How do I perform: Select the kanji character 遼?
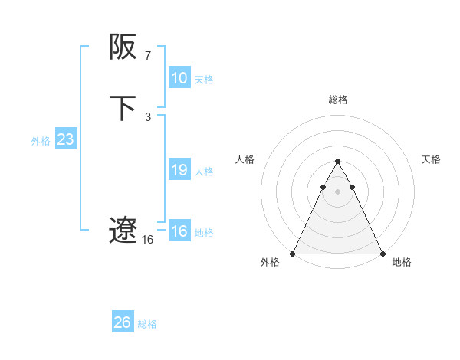[x=123, y=230]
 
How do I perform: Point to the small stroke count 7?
[x=147, y=56]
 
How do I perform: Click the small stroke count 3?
[x=147, y=117]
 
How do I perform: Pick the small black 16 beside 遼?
[x=147, y=240]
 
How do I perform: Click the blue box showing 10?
[x=179, y=78]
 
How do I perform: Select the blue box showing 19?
[x=179, y=170]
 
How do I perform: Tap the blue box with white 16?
[x=179, y=231]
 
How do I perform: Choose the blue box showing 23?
[x=65, y=139]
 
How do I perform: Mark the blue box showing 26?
[x=123, y=322]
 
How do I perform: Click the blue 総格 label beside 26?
[x=147, y=324]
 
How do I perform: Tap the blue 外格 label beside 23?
[x=41, y=141]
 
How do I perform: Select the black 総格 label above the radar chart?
[x=337, y=100]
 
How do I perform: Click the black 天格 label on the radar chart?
[x=431, y=159]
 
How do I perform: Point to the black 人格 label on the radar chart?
[x=245, y=159]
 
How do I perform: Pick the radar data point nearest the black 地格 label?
[x=382, y=254]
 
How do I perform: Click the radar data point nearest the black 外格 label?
[x=293, y=254]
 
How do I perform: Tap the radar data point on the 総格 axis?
[x=337, y=162]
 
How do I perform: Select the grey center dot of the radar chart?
[x=337, y=190]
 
